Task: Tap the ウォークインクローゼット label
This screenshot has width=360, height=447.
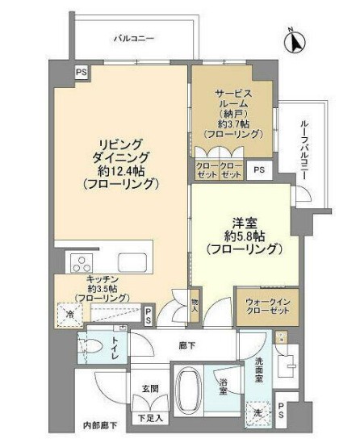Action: pyautogui.click(x=261, y=308)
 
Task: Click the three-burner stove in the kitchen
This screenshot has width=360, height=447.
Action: pyautogui.click(x=82, y=262)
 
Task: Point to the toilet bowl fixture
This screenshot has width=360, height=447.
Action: pyautogui.click(x=90, y=349)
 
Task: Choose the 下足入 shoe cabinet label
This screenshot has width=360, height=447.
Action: pyautogui.click(x=150, y=418)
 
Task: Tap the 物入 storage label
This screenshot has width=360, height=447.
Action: pyautogui.click(x=195, y=301)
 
